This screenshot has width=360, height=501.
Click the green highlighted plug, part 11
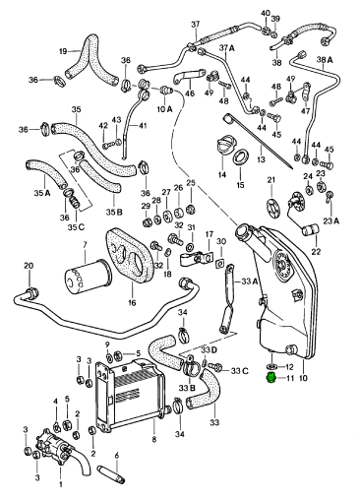point(270,378)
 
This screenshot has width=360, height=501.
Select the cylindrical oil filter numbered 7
point(87,275)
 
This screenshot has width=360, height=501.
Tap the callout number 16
point(132,302)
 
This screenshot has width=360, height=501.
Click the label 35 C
point(77,226)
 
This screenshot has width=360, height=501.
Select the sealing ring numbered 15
point(242,158)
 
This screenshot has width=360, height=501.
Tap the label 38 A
point(325,60)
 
